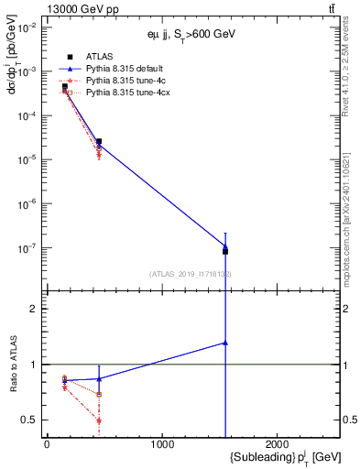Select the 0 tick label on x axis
47,444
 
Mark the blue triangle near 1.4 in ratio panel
225,343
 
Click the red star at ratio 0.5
98,420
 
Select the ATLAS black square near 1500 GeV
225,251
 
